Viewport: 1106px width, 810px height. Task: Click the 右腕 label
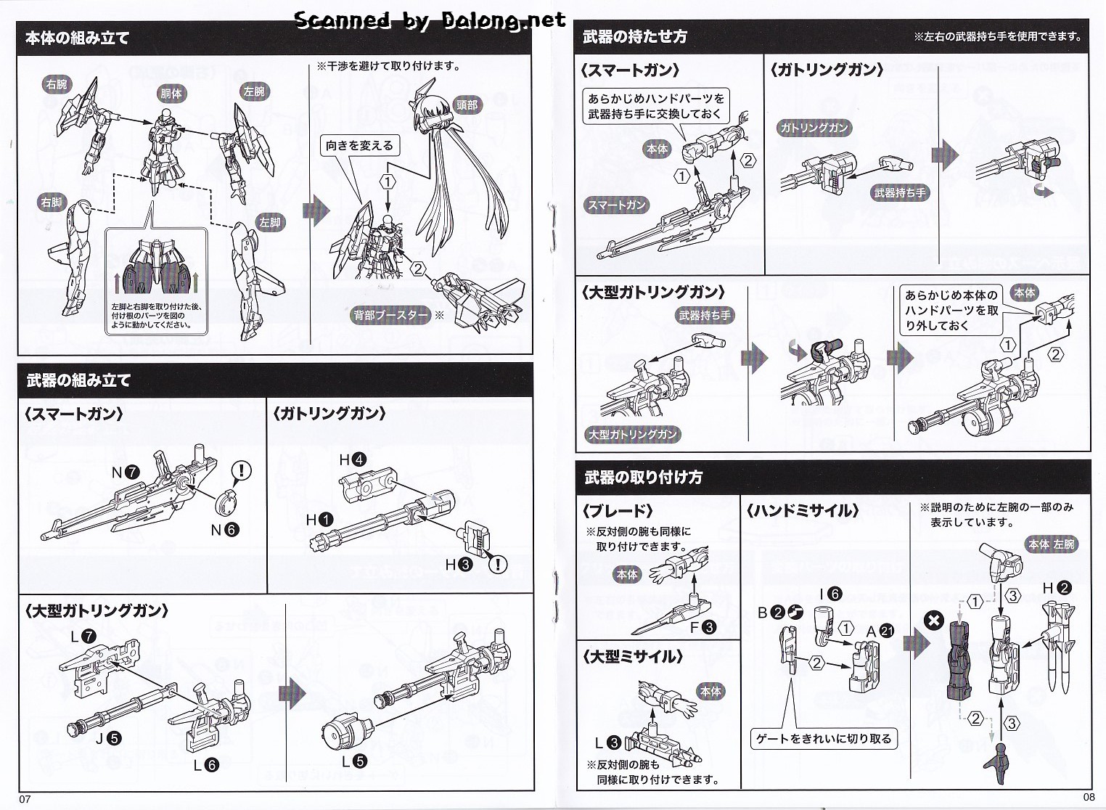[x=56, y=84]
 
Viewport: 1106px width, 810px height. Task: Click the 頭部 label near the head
[x=467, y=105]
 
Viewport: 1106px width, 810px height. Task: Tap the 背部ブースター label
[x=390, y=315]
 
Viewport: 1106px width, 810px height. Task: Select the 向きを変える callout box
[x=359, y=146]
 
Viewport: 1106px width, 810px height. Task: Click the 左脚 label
[x=269, y=222]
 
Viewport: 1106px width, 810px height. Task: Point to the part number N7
[x=125, y=472]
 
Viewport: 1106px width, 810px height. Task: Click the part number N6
[x=224, y=530]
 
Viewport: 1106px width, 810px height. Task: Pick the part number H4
[x=353, y=459]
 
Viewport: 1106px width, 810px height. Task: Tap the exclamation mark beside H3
[x=498, y=564]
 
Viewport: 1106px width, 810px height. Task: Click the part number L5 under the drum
[x=353, y=761]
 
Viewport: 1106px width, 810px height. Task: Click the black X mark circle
[x=934, y=621]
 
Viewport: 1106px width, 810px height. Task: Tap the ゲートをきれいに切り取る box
[x=823, y=739]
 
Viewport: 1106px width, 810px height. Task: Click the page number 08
[x=1088, y=796]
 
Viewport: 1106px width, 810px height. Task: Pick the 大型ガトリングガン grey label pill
[x=632, y=434]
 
